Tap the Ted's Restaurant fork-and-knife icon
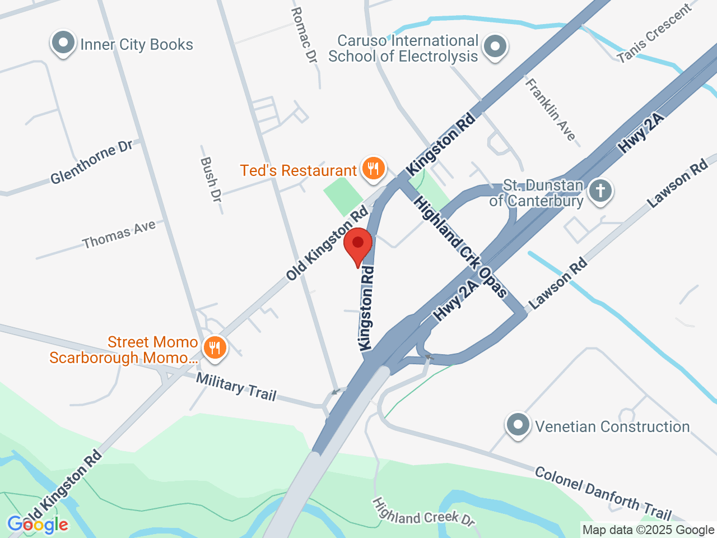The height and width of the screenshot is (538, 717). click(x=373, y=169)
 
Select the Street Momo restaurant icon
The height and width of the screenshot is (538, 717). click(x=214, y=348)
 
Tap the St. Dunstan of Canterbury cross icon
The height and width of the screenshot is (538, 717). click(x=600, y=191)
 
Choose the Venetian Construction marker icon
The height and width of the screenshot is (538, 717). click(x=518, y=425)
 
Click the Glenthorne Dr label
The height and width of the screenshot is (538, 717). click(x=91, y=162)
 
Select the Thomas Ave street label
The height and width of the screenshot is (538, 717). click(x=119, y=235)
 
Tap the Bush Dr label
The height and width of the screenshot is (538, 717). click(x=211, y=179)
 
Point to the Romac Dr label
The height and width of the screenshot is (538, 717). click(x=305, y=35)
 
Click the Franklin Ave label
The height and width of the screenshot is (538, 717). click(x=550, y=109)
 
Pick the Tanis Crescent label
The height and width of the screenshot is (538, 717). click(x=654, y=34)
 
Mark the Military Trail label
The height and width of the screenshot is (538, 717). click(x=236, y=386)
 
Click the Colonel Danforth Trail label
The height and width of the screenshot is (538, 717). click(x=603, y=493)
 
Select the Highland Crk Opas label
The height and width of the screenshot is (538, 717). click(x=460, y=247)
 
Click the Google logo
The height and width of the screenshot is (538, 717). click(x=38, y=525)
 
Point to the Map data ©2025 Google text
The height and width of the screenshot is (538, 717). click(x=648, y=530)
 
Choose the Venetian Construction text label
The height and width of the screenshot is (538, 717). click(x=612, y=426)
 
